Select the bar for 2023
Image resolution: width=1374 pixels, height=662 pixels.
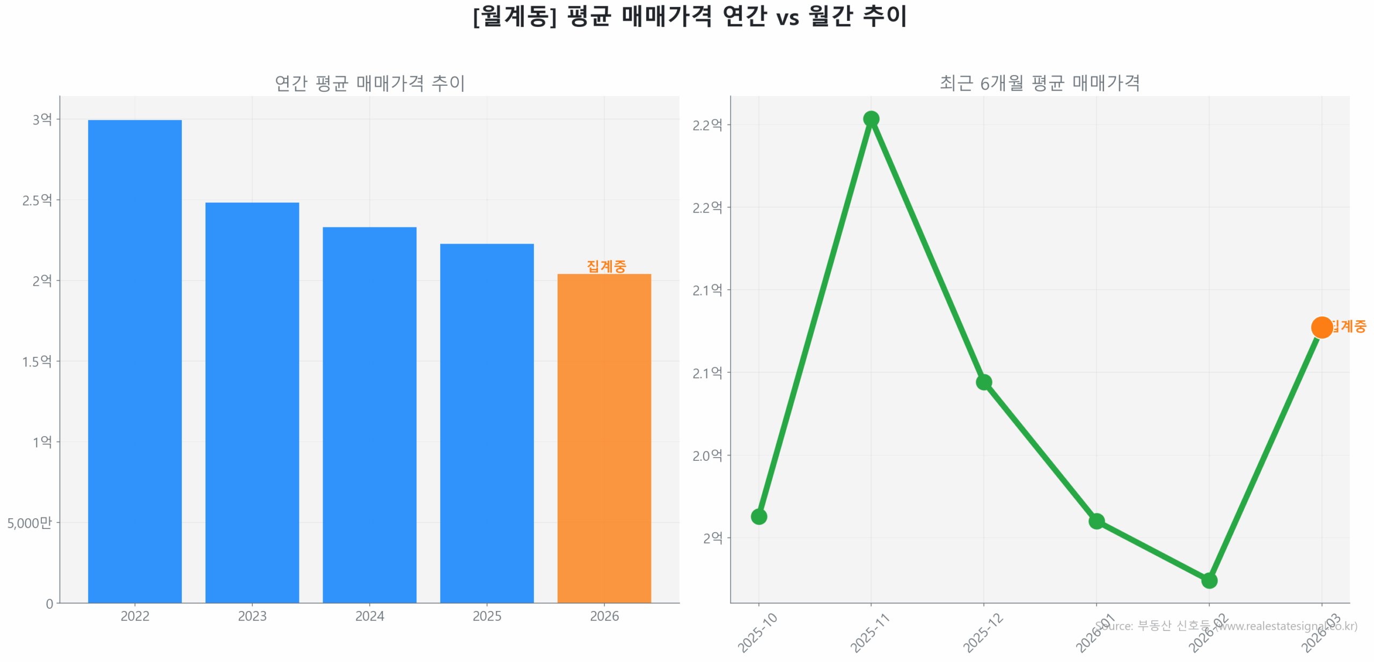pos(252,402)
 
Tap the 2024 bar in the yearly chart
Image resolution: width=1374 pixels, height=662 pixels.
pos(369,414)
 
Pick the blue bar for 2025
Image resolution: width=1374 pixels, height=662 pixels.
pos(486,423)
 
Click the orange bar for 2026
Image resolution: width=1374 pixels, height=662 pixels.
pos(604,438)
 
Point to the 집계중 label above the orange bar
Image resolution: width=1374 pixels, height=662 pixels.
pos(606,266)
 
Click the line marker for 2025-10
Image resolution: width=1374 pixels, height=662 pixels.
pos(758,516)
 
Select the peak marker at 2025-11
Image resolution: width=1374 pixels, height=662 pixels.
pos(871,119)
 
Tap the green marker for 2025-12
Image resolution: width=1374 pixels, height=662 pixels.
pos(983,382)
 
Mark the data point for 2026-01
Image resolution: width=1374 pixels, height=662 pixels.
pos(1096,520)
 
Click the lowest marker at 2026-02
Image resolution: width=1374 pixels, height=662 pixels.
pos(1209,580)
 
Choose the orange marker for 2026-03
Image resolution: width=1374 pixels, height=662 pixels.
pos(1321,327)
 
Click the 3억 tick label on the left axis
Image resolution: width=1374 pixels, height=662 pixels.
pos(42,119)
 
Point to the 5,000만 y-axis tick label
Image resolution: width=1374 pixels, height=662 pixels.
pos(30,522)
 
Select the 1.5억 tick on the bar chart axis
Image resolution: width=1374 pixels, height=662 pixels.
pos(36,361)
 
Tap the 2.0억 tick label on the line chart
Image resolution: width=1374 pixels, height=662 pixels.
pos(707,455)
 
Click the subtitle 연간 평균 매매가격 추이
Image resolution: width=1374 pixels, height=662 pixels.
pos(369,83)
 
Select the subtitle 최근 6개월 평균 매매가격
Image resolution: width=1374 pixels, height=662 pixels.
pos(1039,83)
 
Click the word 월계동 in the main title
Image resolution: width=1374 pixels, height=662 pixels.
pos(514,16)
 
